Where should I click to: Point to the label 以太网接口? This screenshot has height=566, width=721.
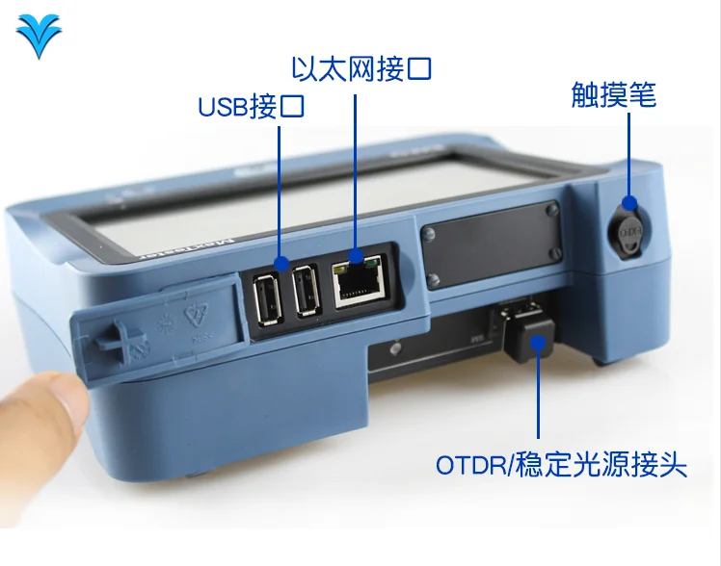click(361, 69)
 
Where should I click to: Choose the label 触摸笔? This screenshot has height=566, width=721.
click(614, 94)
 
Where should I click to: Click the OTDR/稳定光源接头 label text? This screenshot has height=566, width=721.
click(561, 467)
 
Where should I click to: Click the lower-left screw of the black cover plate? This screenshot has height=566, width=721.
click(434, 280)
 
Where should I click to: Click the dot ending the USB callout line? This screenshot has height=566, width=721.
click(281, 262)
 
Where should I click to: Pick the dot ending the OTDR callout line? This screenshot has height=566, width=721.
click(538, 339)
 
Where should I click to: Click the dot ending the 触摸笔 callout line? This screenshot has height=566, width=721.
click(628, 203)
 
